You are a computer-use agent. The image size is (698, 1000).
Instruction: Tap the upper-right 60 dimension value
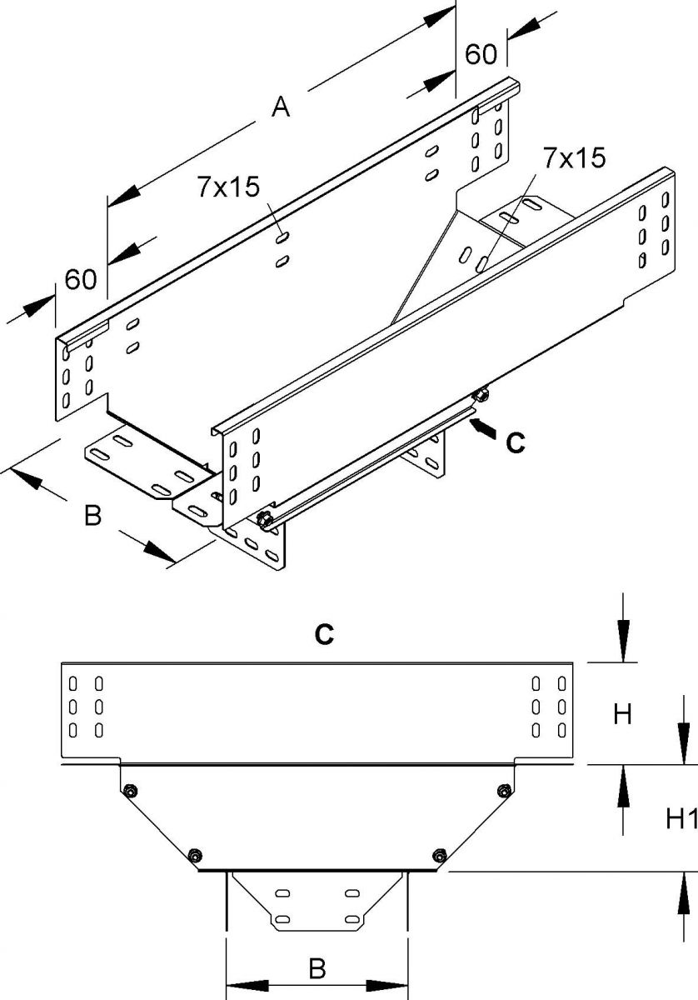[481, 54]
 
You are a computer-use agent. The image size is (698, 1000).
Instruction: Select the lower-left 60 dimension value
[80, 279]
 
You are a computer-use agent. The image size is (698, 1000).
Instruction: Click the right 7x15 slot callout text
[572, 158]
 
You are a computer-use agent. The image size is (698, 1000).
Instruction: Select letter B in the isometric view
[93, 517]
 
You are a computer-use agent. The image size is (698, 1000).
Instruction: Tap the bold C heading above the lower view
[324, 635]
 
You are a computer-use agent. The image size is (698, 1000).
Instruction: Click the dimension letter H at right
[624, 713]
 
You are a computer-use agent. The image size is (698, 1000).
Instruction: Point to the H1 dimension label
[681, 821]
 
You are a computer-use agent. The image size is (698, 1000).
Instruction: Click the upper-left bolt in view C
[128, 790]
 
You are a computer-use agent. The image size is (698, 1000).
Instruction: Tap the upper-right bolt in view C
[502, 790]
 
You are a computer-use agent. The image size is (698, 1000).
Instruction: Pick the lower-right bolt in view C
[439, 854]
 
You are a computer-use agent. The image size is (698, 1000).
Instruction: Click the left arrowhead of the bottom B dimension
[237, 985]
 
